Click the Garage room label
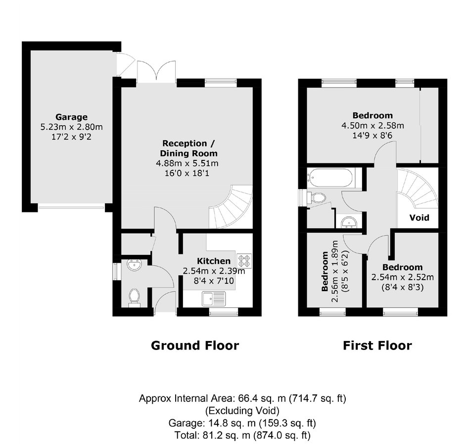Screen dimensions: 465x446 71,117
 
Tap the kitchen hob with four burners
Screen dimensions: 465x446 244,261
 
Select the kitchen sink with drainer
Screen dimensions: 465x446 214,298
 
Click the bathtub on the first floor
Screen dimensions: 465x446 330,178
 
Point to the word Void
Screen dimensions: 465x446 419,217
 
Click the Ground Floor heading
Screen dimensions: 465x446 195,346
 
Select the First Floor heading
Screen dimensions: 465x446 377,346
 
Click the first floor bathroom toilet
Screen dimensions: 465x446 317,198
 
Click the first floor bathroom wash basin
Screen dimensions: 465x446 349,222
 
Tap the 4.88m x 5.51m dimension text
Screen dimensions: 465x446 187,163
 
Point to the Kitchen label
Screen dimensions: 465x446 214,261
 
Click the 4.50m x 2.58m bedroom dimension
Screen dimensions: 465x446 373,126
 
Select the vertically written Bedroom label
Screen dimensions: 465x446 325,272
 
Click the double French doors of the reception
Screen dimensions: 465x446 156,72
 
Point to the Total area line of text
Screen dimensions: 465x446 242,435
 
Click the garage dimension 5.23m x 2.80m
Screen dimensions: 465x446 71,127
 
